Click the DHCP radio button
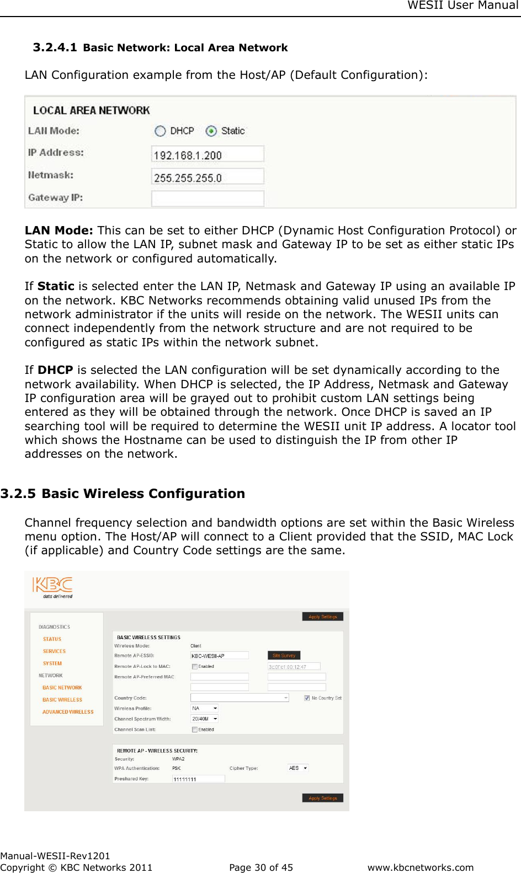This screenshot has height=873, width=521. (x=161, y=131)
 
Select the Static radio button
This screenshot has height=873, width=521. (x=211, y=131)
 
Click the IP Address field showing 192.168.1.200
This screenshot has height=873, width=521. (x=208, y=154)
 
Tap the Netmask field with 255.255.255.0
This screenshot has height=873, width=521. (x=208, y=177)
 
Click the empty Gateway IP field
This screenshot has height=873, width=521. (x=208, y=199)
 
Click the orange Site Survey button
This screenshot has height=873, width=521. (x=284, y=656)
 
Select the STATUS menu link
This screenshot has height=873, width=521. (x=52, y=639)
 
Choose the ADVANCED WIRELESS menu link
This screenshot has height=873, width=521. (x=68, y=712)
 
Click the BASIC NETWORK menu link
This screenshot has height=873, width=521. (x=62, y=688)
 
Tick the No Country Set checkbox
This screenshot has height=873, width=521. (x=307, y=698)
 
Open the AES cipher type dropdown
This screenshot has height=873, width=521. (x=298, y=768)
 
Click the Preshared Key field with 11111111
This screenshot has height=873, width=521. (x=198, y=779)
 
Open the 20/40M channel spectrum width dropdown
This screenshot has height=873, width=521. (x=205, y=719)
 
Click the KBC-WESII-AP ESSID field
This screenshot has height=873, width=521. (x=219, y=656)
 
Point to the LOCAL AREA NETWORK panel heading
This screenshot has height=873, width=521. (x=92, y=110)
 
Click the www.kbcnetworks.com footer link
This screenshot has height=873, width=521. (x=421, y=867)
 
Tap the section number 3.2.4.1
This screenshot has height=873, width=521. (x=55, y=47)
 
